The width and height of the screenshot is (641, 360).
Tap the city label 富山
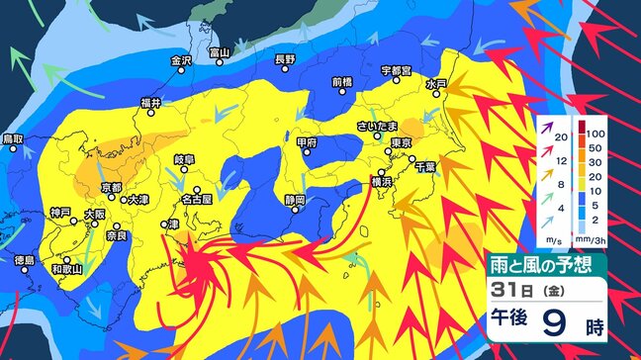pyautogui.click(x=220, y=51)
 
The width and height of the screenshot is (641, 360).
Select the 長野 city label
pyautogui.click(x=285, y=59)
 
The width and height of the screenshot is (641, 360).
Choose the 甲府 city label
pyautogui.click(x=307, y=142)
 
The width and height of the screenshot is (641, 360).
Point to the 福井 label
pyautogui.click(x=150, y=102)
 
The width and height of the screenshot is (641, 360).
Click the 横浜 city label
pyautogui.click(x=382, y=183)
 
